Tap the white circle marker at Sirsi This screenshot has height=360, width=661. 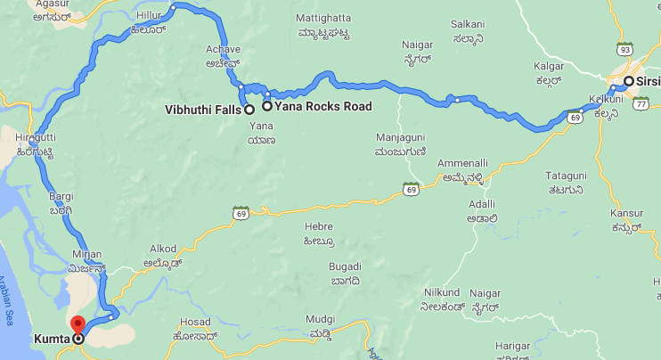pyautogui.click(x=629, y=81)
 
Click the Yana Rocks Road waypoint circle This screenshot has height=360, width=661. pyautogui.click(x=266, y=106)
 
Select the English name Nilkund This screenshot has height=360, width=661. pyautogui.click(x=443, y=291)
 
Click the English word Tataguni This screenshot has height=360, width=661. pyautogui.click(x=566, y=176)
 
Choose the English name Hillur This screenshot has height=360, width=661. pyautogui.click(x=150, y=16)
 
